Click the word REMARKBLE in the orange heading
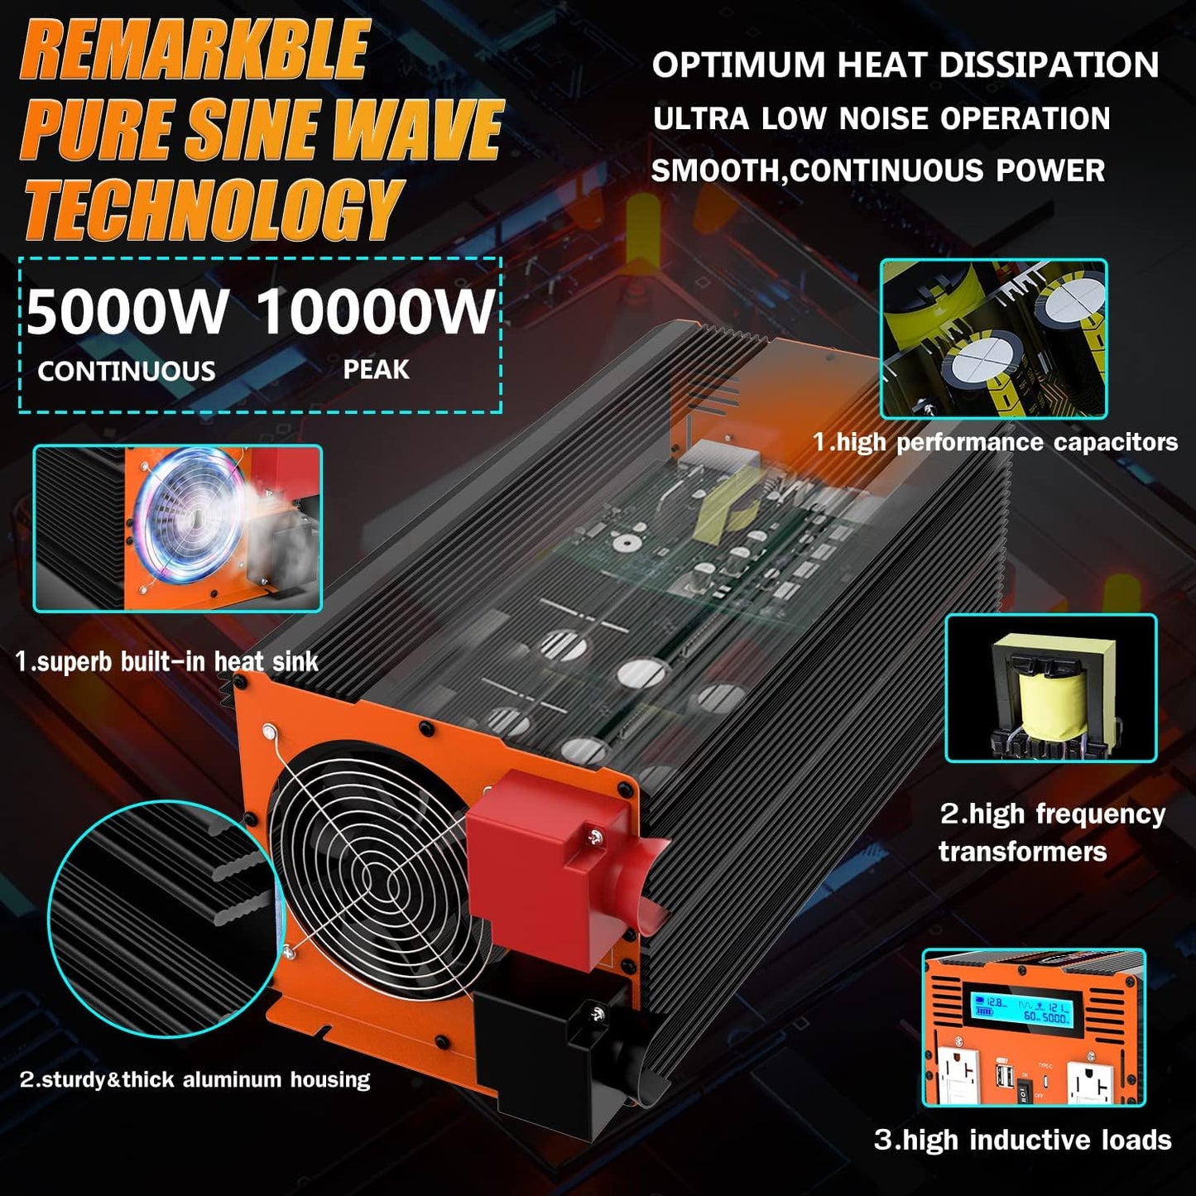point(195,51)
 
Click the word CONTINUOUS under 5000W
point(127,371)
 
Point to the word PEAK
point(376,369)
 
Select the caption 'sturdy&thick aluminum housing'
point(195,1079)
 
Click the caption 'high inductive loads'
point(1023,1140)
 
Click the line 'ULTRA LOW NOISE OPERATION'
point(881,118)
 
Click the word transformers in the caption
point(1022,852)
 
